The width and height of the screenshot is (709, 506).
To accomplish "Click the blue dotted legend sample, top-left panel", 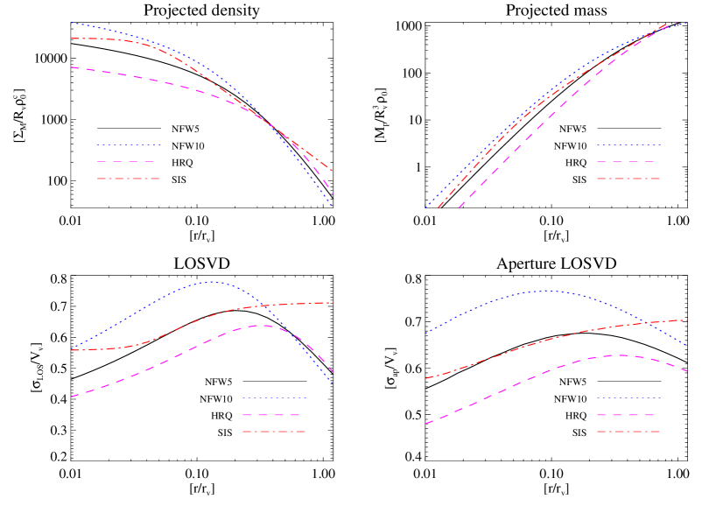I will coord(129,144).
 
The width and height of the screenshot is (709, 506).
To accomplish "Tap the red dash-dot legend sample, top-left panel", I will coord(129,179).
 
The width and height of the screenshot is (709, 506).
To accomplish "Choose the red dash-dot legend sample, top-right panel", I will coord(628,179).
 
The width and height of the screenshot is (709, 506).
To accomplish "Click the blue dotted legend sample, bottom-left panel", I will coord(274,398).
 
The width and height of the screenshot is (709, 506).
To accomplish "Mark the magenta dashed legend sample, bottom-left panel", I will coord(274,415).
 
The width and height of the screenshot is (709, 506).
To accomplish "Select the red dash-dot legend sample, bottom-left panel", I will coord(274,432).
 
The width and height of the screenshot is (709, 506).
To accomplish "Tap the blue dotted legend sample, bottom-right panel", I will coord(628,398).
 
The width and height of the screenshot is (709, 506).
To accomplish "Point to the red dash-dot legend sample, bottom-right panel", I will coord(628,432).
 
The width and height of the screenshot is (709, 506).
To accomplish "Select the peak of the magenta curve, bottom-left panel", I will coord(260,326).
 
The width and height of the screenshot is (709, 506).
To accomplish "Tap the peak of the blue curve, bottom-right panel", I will coord(545,291).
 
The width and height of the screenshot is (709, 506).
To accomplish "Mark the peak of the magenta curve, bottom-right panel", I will coord(621,355).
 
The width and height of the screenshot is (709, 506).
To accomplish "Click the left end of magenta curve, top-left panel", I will coord(71,67).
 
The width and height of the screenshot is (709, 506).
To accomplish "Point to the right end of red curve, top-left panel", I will coord(333,171).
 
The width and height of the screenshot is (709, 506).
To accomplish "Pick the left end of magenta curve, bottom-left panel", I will coord(71,397).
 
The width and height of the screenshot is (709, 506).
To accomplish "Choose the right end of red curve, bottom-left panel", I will coord(333,303).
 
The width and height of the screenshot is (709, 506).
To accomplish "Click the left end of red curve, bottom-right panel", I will coord(425,379).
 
